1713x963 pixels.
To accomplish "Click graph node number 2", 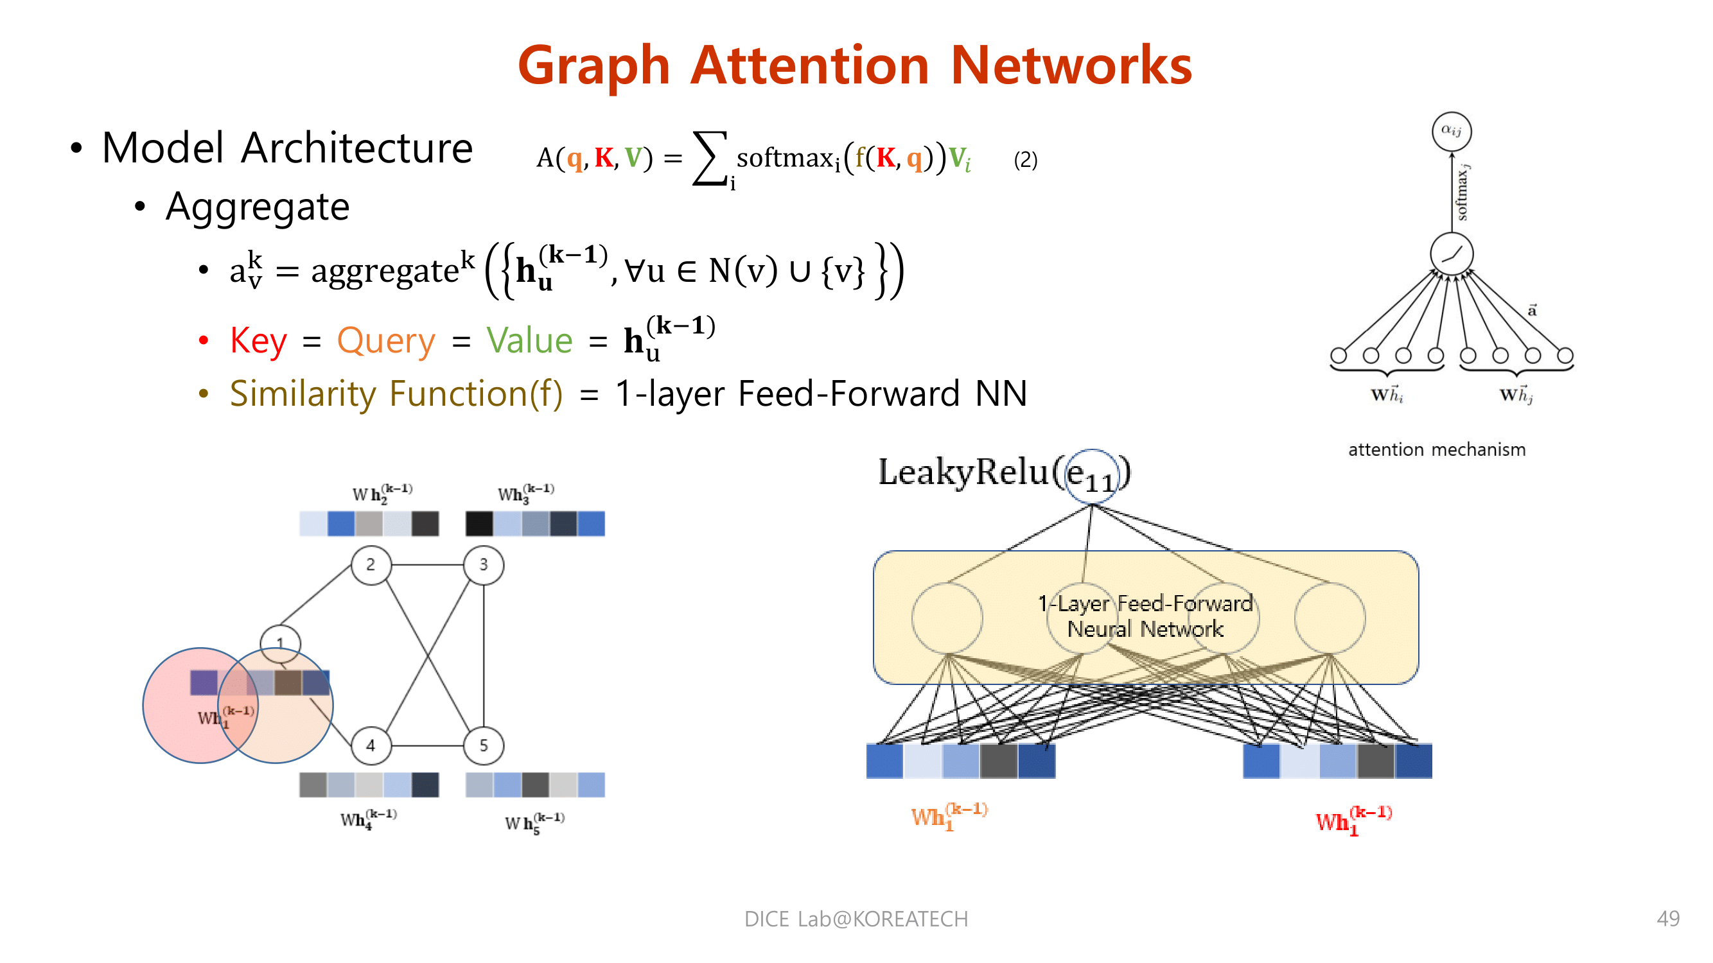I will pos(371,565).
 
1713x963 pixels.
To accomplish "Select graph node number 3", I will pos(484,565).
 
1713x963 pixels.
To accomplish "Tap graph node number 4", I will pos(371,745).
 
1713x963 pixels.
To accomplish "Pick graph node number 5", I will pos(484,745).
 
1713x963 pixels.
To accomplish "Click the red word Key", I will pos(258,341).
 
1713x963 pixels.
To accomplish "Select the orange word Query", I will pos(385,341).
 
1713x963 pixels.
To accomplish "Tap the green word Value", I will pos(529,341).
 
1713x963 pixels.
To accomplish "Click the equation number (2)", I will pos(1025,159).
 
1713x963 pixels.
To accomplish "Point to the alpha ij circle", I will pos(1451,131).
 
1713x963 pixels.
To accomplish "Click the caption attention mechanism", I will pos(1436,450).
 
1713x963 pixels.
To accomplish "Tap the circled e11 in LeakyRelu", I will pos(1091,476).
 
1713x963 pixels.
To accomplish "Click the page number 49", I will pos(1668,919).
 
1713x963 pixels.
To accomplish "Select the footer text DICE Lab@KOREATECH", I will pos(856,919).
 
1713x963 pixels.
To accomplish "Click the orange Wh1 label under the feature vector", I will pos(947,816).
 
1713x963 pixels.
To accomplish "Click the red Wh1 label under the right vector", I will pos(1353,820).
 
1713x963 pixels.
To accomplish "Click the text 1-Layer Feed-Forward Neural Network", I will pos(1145,616).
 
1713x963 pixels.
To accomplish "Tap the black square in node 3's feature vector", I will pos(479,524).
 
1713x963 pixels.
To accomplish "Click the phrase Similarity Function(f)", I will pos(396,394).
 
